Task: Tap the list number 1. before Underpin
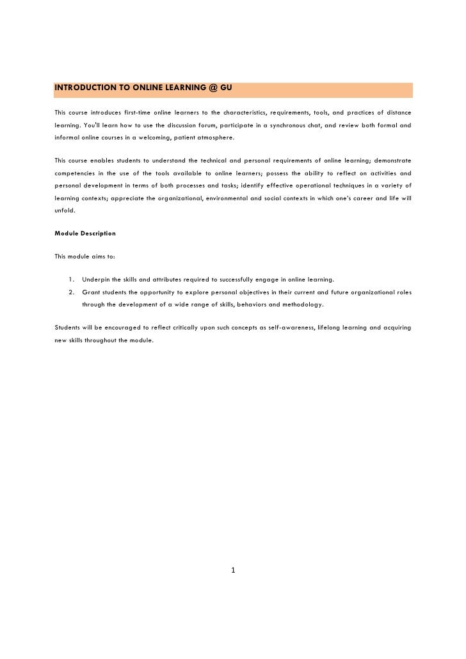tap(70, 280)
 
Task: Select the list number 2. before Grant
tap(70, 292)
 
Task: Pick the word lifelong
tap(329, 328)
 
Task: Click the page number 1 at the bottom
tap(234, 570)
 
